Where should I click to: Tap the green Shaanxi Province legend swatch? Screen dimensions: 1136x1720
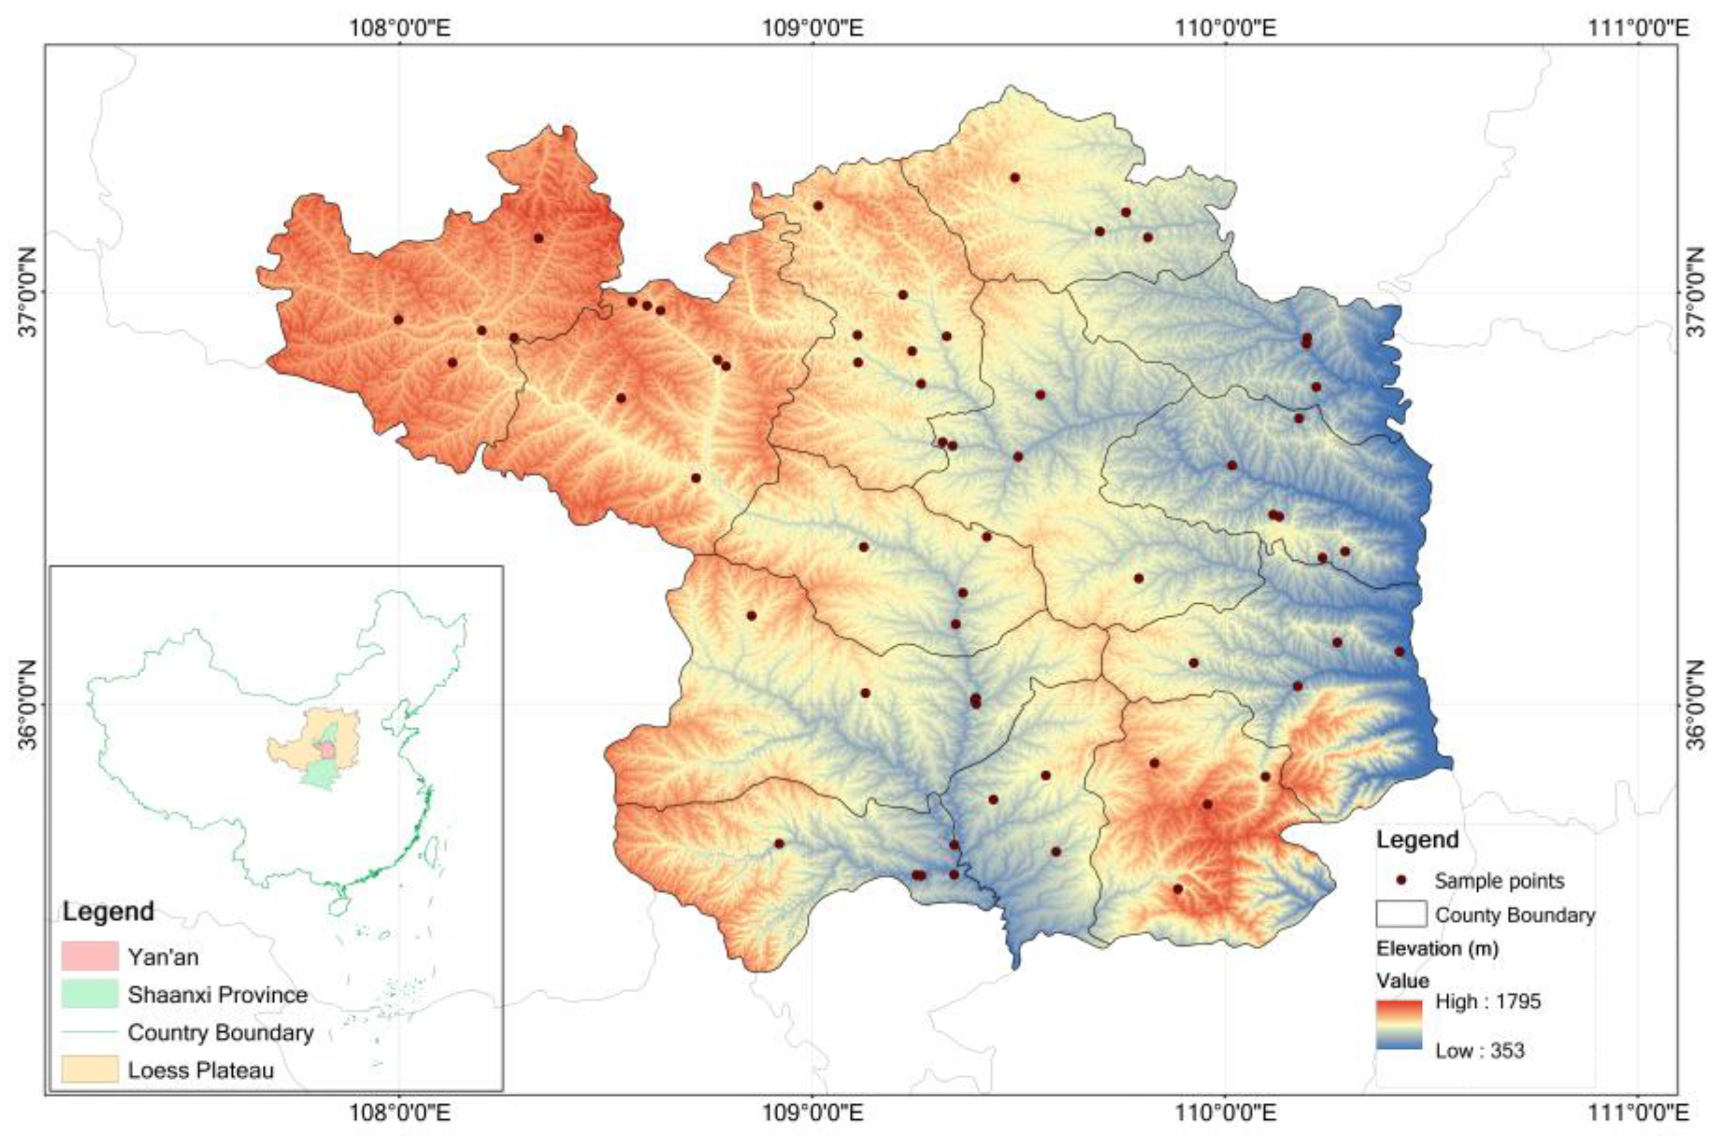click(90, 994)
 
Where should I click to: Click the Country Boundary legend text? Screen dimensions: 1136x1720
click(220, 1031)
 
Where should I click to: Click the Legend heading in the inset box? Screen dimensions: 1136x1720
click(109, 911)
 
